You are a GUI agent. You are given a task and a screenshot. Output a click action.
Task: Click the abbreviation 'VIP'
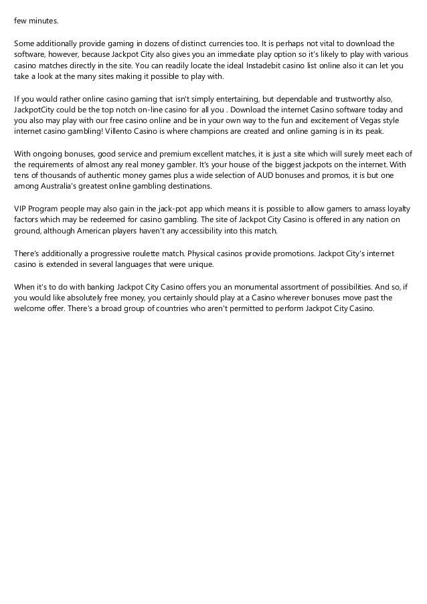coord(21,208)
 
